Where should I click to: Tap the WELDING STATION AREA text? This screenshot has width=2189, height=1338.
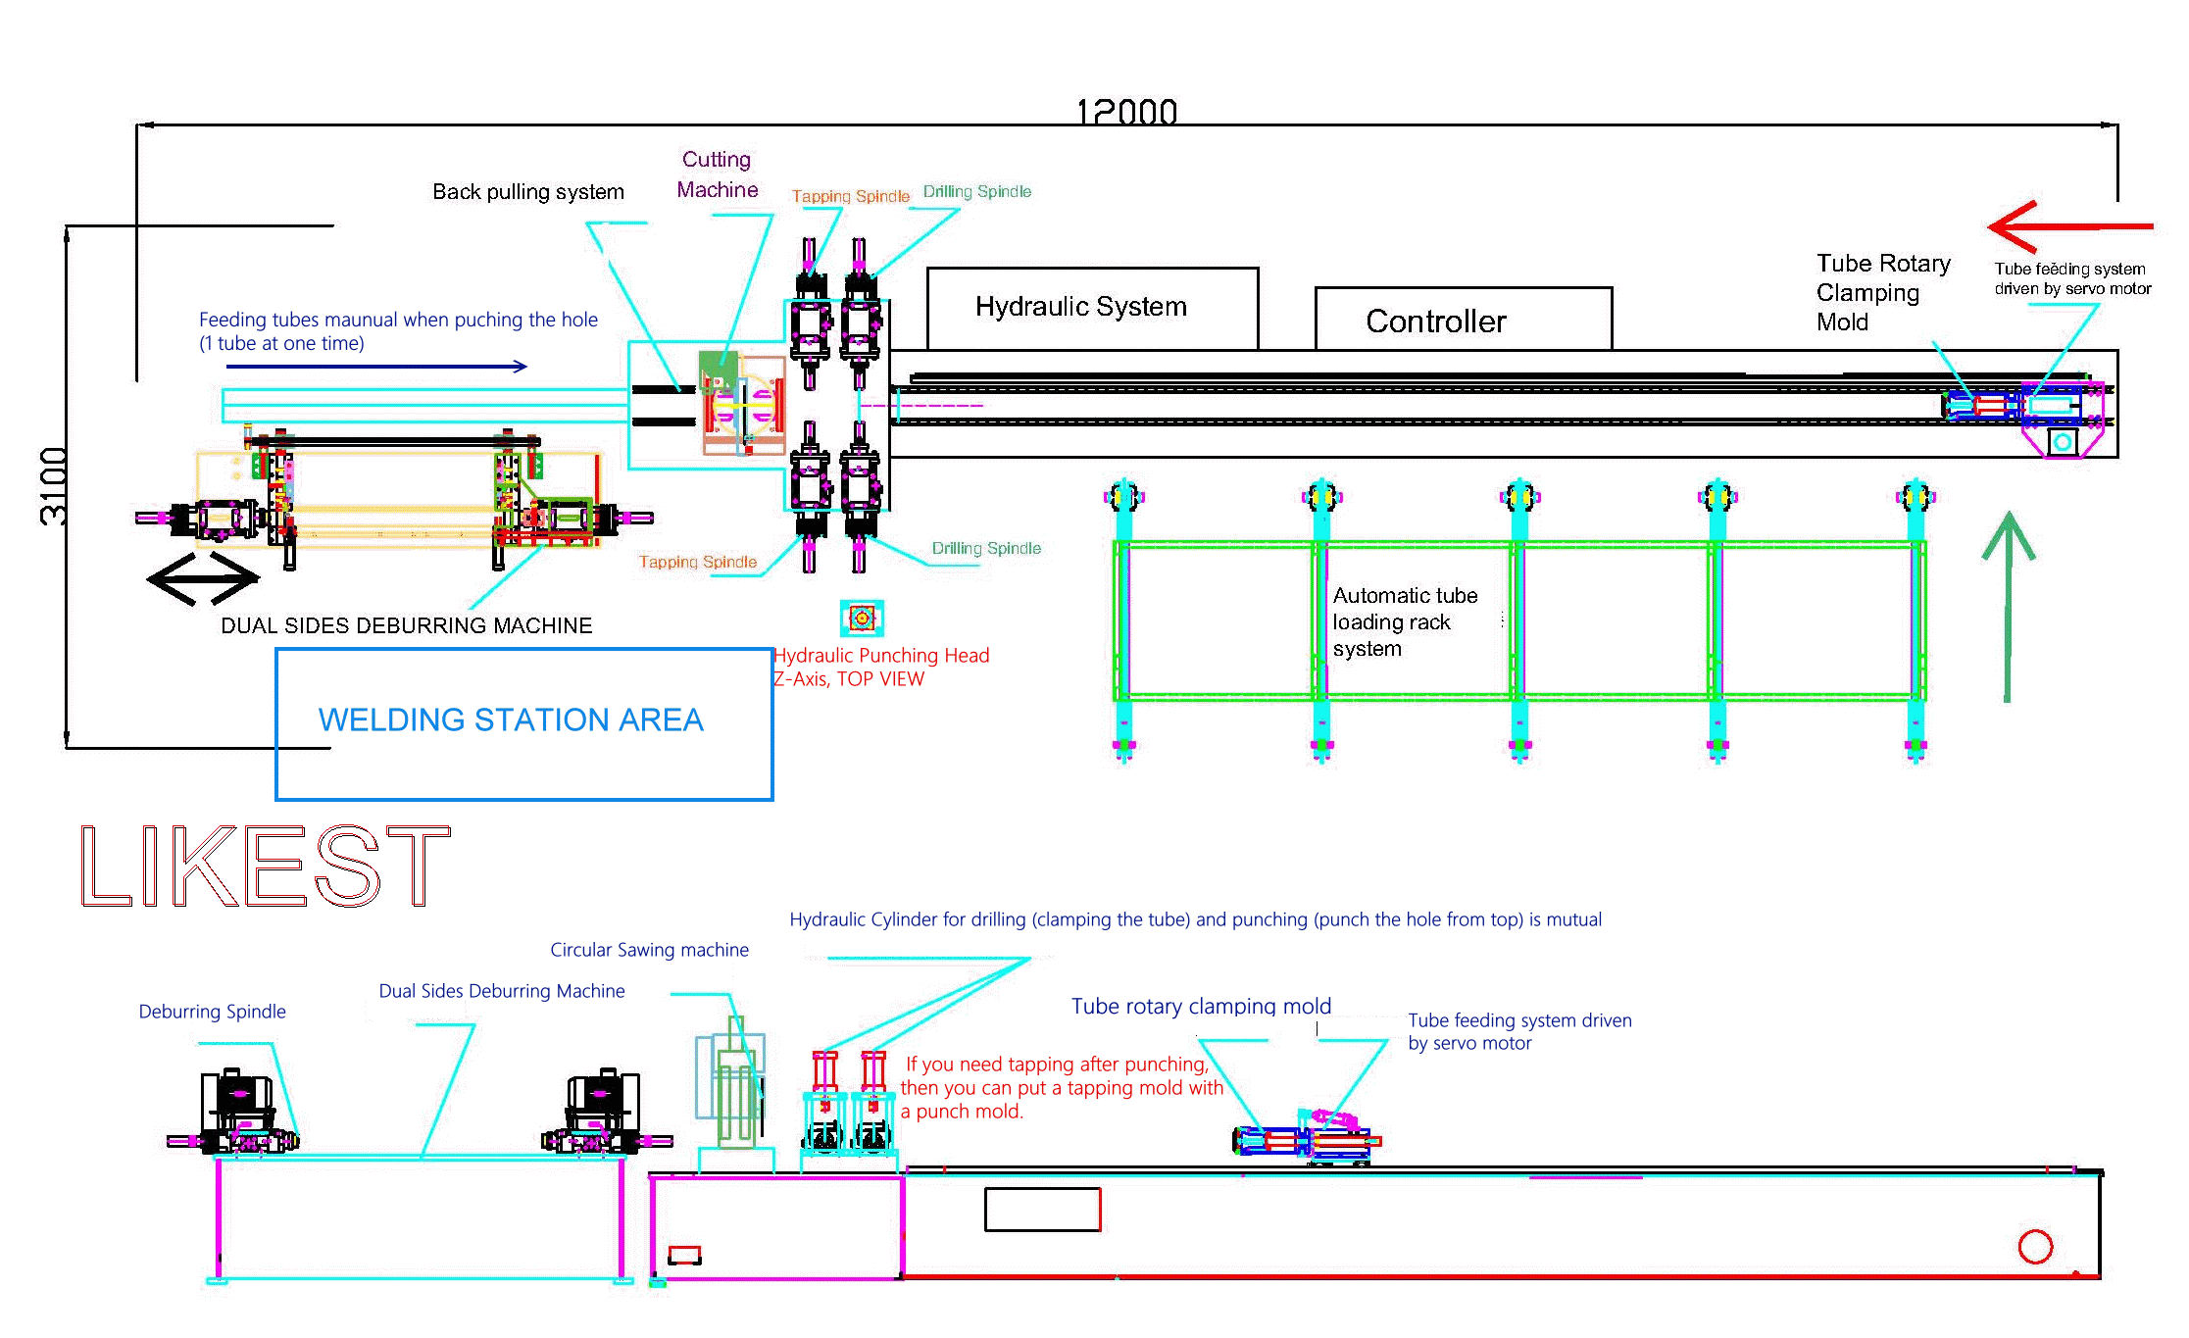(511, 719)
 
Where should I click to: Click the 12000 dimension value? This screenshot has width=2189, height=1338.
(1126, 112)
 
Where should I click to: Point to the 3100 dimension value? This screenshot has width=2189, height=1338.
(53, 486)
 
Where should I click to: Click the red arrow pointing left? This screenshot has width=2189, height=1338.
(2069, 226)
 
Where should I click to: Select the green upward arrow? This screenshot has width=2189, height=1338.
(2008, 607)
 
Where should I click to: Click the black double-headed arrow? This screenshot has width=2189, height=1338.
(203, 578)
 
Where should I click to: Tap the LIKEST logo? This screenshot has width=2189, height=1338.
(265, 865)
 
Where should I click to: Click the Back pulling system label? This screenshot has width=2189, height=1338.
(528, 191)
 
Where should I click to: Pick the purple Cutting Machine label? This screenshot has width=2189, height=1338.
(718, 174)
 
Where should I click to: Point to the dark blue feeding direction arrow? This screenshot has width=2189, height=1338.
(376, 367)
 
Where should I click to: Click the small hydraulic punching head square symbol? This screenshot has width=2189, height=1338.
(862, 618)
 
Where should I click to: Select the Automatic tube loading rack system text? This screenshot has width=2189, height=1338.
(1405, 621)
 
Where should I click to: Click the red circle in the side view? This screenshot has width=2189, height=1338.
(2035, 1247)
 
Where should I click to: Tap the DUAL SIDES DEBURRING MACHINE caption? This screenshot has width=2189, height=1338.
(407, 625)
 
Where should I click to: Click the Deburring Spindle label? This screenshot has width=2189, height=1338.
(213, 1012)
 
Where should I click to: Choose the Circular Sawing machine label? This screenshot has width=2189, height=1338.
(649, 950)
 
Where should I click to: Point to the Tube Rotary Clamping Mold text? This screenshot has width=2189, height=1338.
(1883, 292)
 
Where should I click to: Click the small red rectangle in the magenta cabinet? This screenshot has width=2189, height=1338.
(684, 1255)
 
